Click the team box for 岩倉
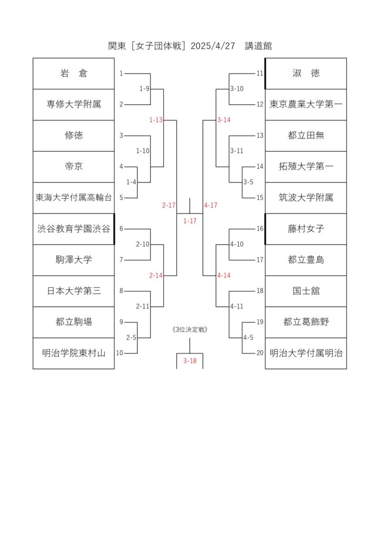73,73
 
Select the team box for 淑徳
306,73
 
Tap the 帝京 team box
73,167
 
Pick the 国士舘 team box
306,291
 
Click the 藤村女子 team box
306,229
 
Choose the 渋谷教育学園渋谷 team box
73,229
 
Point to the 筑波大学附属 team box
306,198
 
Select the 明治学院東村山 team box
73,353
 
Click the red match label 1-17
190,221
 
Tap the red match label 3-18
190,361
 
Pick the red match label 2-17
168,205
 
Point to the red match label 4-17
210,205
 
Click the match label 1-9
144,89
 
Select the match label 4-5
248,338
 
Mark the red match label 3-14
224,120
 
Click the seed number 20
260,353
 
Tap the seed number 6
121,229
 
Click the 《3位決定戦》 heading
190,329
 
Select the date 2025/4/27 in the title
213,46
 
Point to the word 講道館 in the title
258,46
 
